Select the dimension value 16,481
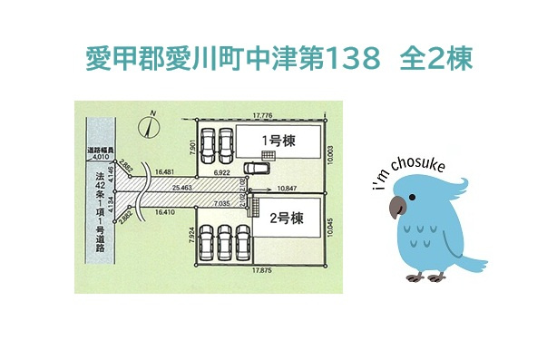[x=164, y=170]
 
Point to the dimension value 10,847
[x=283, y=189]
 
